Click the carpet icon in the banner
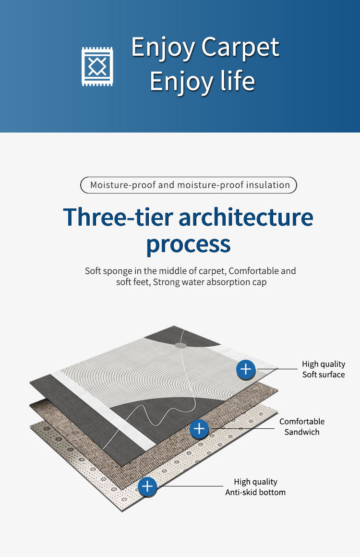coord(97,66)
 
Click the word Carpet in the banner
coord(240,48)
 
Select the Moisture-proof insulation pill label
coord(188,185)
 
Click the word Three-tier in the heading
coord(117,217)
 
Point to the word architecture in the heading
coord(246,217)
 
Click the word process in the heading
coord(188,244)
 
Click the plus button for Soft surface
coord(246,369)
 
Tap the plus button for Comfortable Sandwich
coord(199,428)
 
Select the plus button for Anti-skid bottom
coord(147,487)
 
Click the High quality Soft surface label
coord(324,369)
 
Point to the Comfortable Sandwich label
coord(302,426)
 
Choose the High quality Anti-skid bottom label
coord(255,487)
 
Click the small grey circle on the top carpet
coord(180,345)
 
